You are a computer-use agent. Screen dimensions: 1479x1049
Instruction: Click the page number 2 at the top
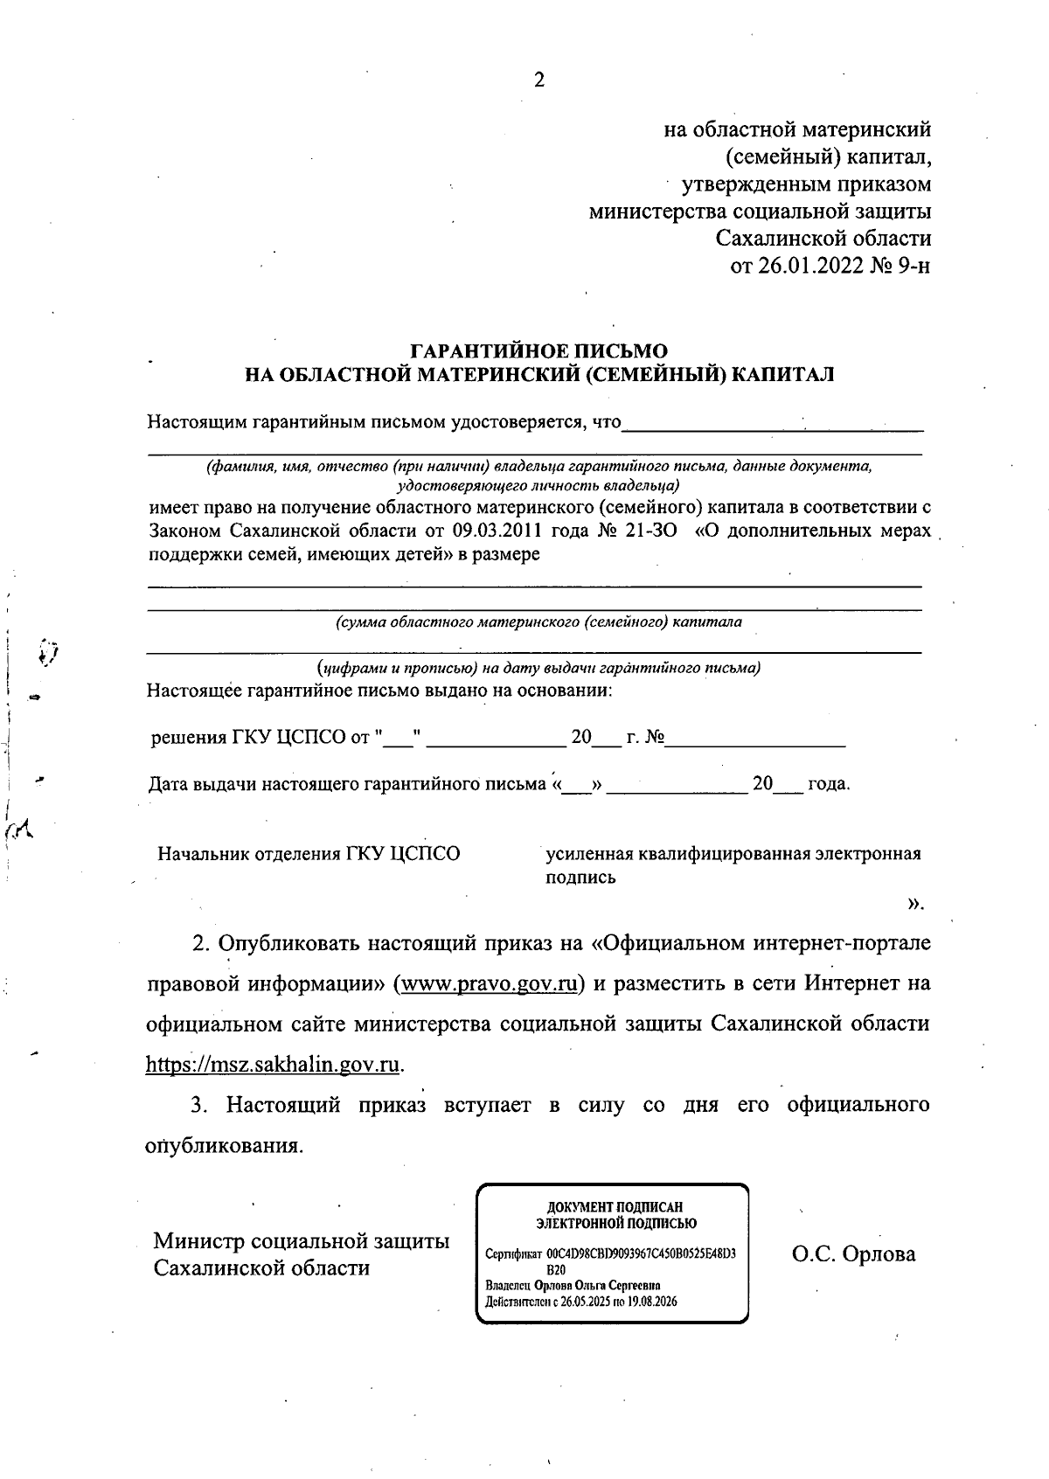click(538, 80)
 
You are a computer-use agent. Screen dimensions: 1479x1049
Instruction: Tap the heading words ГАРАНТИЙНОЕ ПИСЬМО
click(538, 352)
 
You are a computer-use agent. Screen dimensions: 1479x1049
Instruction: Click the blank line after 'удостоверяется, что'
click(773, 426)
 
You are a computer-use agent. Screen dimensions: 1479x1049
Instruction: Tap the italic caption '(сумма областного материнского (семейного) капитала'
click(538, 622)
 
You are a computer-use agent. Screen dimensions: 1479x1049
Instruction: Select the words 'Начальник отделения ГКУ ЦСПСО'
click(309, 853)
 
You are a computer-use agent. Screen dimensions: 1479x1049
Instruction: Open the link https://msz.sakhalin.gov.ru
click(274, 1065)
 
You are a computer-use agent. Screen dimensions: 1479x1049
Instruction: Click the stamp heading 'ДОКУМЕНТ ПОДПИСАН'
click(615, 1207)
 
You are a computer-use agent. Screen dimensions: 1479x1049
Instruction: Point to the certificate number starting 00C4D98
click(640, 1253)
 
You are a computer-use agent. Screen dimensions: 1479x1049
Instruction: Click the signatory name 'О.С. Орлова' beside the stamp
click(853, 1254)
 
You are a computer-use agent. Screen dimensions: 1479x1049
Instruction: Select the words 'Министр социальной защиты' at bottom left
click(302, 1241)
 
